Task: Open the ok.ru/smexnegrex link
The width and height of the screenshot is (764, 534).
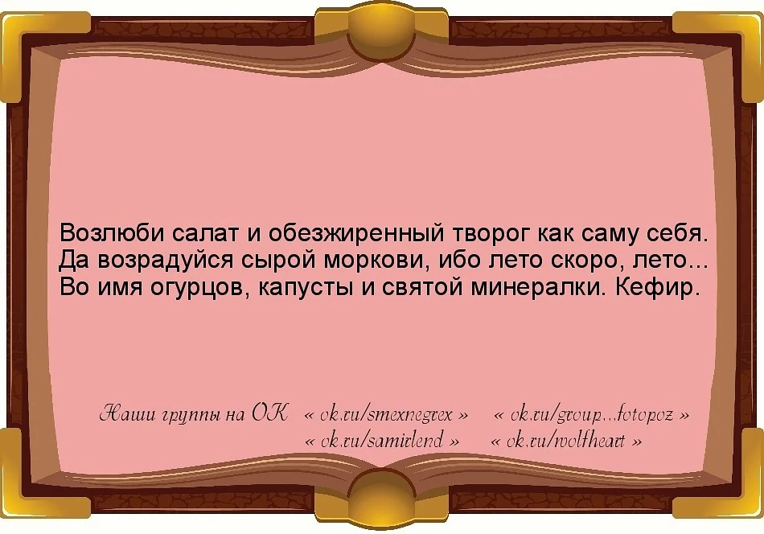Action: click(387, 416)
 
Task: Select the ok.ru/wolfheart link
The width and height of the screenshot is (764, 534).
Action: click(566, 441)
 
